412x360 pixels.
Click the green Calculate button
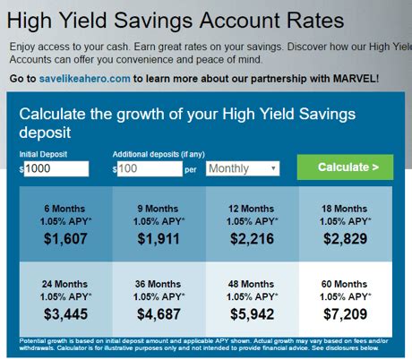pos(345,167)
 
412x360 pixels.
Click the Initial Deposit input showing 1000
pos(56,168)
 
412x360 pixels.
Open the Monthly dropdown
pos(243,168)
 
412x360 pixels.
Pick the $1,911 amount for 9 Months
pos(159,239)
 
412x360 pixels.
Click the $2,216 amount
pos(253,239)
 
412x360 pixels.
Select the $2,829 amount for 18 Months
pos(346,239)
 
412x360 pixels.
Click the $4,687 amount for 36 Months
pos(159,314)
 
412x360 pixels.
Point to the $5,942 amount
pos(253,314)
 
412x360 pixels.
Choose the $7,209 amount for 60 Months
pos(346,314)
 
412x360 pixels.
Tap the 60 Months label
pos(346,282)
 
